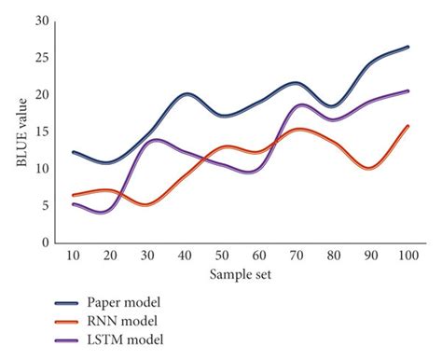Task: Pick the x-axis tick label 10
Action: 75,256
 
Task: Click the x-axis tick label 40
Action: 186,256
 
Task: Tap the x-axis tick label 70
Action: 297,256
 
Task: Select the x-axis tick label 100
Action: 407,256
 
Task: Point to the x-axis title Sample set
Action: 241,275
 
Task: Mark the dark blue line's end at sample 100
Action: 407,47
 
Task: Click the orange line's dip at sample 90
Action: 370,168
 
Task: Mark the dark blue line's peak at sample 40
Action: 186,94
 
